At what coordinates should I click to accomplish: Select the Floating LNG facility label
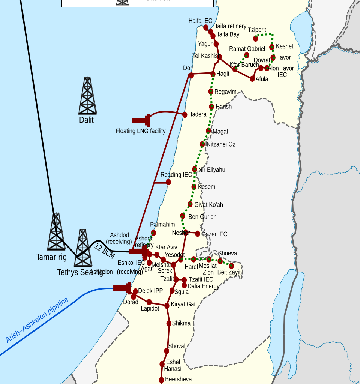click(x=140, y=131)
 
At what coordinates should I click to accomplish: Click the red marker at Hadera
click(x=184, y=114)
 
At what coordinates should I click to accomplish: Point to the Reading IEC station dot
click(x=168, y=182)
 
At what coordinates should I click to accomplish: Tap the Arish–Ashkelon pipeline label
click(x=37, y=320)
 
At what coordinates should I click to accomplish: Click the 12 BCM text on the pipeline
click(x=104, y=251)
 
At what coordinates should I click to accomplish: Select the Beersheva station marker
click(x=162, y=380)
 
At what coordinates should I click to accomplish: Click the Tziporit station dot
click(x=256, y=39)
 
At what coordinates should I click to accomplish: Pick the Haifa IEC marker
click(x=206, y=27)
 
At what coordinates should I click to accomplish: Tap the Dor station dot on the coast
click(x=191, y=75)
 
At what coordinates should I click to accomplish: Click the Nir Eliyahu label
click(x=211, y=170)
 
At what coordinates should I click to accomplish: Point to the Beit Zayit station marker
click(x=231, y=265)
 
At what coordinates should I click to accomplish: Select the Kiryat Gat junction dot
click(x=167, y=306)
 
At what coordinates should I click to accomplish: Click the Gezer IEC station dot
click(x=198, y=234)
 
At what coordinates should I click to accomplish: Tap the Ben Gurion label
click(x=202, y=217)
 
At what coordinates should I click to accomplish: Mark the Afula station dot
click(x=252, y=79)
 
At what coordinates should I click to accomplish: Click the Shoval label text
click(x=177, y=346)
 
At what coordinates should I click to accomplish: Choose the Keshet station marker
click(x=272, y=47)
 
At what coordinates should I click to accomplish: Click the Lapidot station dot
click(x=149, y=302)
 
